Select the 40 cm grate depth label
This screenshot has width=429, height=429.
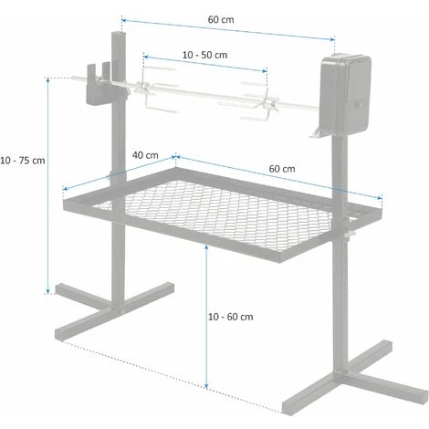pos(144,154)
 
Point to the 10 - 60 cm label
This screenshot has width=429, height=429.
pos(229,317)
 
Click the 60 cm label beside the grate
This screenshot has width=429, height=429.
pos(281,169)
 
